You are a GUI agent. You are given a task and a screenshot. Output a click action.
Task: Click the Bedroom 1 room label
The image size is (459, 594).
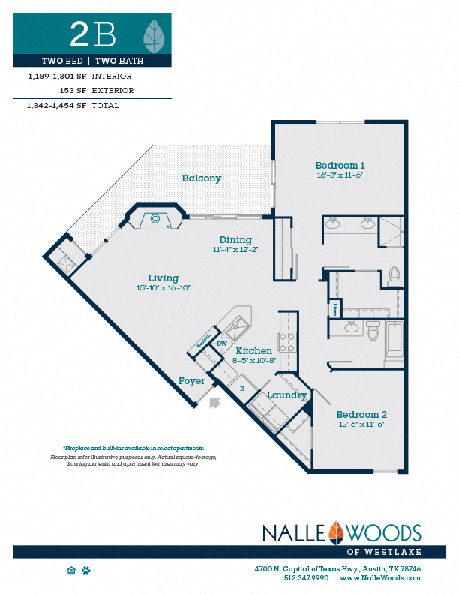coord(340,165)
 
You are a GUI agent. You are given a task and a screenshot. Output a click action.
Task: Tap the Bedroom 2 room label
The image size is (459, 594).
coord(361,414)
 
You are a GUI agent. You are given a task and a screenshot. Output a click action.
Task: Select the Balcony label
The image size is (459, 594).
coord(201,178)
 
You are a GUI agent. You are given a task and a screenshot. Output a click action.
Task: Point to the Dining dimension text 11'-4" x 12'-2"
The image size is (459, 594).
coord(235,250)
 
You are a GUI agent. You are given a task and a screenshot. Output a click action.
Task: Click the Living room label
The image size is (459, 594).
coord(163,277)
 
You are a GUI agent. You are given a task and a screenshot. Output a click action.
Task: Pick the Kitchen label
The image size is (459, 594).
coord(253,350)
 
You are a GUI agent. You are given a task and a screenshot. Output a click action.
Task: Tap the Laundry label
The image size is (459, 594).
coord(286,394)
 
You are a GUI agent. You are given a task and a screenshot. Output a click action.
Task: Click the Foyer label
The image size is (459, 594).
coord(191,381)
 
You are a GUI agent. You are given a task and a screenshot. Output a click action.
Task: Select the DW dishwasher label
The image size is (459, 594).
coord(222,343)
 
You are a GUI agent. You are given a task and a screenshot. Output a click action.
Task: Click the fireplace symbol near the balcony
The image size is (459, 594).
coord(154,219)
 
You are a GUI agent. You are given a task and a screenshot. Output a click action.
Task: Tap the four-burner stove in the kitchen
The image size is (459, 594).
coord(287,343)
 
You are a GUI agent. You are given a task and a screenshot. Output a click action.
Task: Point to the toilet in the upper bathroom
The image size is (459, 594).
coord(394,278)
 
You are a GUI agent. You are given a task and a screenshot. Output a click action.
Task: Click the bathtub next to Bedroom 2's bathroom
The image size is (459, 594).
coord(394,339)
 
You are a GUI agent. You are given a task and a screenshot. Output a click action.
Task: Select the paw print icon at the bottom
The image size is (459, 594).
coord(86,571)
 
